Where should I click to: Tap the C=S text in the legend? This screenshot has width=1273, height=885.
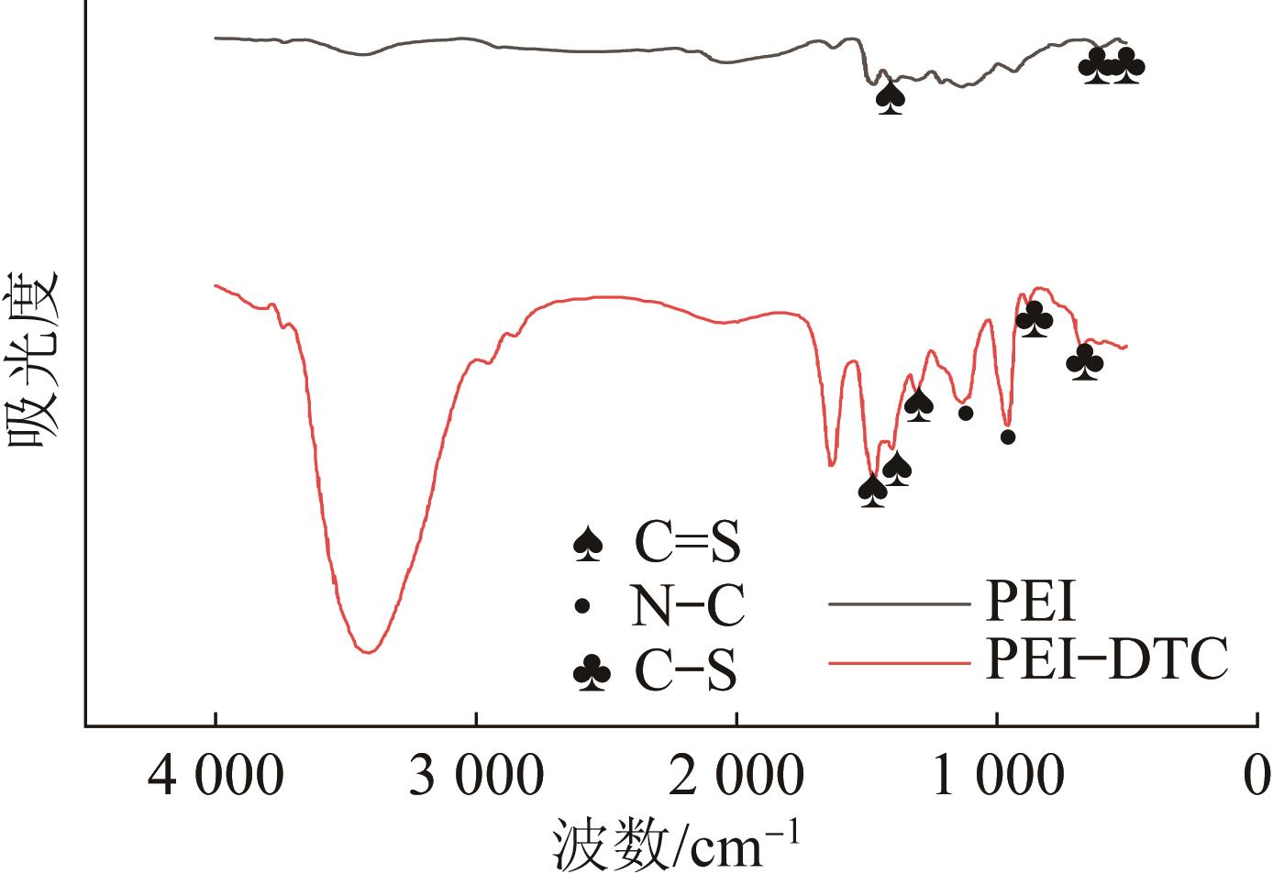(x=686, y=544)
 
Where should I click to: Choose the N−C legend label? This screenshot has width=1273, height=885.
(x=687, y=606)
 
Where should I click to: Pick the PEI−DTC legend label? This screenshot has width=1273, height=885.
(x=1106, y=659)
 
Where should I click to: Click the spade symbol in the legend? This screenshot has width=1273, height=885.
(x=587, y=545)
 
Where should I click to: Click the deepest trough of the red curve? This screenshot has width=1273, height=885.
(x=368, y=652)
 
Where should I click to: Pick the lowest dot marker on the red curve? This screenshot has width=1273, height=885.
(x=1008, y=437)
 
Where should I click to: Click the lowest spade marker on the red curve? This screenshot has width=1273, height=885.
(x=872, y=491)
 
